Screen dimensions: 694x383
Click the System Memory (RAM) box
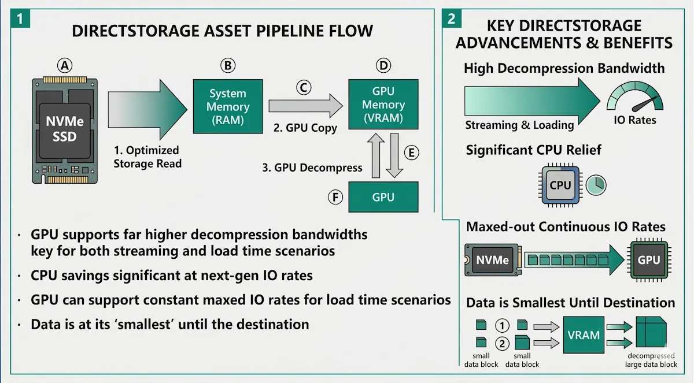click(x=228, y=106)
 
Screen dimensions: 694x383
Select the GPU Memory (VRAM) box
click(x=383, y=104)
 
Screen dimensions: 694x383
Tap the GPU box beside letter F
click(x=383, y=197)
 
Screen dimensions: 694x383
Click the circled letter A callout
click(x=65, y=66)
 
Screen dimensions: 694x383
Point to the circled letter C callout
click(x=304, y=88)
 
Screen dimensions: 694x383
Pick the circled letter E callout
click(x=411, y=153)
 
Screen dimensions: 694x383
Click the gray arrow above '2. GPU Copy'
click(x=305, y=106)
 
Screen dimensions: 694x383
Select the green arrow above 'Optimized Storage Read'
click(x=147, y=110)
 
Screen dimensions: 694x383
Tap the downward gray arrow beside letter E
click(x=394, y=155)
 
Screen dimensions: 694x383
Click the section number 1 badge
click(x=20, y=18)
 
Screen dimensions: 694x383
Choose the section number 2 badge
click(x=452, y=18)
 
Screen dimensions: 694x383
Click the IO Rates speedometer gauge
click(x=635, y=96)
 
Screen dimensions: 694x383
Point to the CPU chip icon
click(x=560, y=185)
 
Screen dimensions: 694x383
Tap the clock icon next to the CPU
click(x=596, y=185)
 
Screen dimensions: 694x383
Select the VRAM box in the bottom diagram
click(x=584, y=334)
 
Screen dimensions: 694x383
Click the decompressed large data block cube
click(x=651, y=332)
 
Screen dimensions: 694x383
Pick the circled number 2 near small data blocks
click(x=502, y=343)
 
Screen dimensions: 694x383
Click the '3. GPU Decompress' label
click(x=312, y=168)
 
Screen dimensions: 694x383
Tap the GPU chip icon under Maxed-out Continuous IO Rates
click(x=649, y=260)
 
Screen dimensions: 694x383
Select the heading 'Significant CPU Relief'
click(x=533, y=150)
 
